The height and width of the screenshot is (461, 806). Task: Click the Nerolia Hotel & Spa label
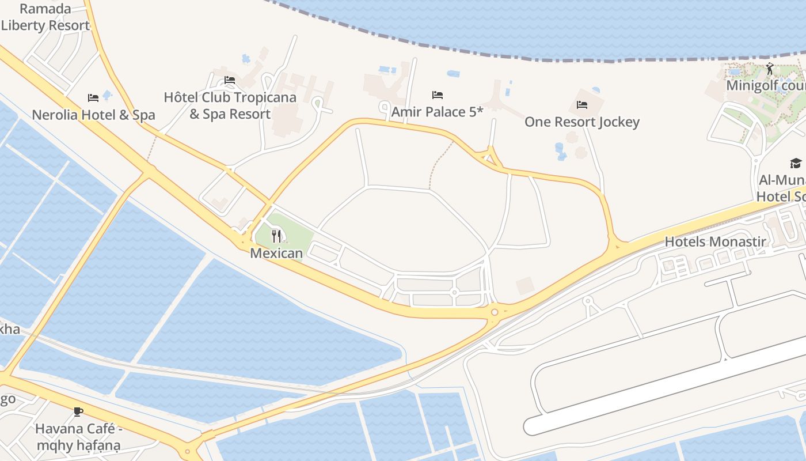tap(93, 115)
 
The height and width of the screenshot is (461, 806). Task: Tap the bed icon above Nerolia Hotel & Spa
tap(93, 98)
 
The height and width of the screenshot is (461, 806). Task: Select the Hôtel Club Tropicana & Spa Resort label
tap(230, 105)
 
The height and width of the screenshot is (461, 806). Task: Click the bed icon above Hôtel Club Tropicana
tap(230, 80)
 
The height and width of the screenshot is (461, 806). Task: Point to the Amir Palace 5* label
tap(437, 112)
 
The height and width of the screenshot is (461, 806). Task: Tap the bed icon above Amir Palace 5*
tap(438, 95)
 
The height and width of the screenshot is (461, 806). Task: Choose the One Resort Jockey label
tap(581, 122)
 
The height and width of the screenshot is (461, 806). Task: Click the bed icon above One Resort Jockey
tap(582, 105)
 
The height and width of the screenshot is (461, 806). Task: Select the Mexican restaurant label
tap(276, 253)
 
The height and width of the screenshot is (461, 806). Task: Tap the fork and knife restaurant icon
tap(276, 236)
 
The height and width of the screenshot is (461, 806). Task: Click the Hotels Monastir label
tap(715, 241)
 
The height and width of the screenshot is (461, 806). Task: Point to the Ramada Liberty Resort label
tap(45, 17)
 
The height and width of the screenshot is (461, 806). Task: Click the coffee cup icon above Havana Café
tap(78, 411)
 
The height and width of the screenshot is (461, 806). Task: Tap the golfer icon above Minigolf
tap(770, 69)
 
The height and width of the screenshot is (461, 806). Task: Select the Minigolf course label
tap(765, 85)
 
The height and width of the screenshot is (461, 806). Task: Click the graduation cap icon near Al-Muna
tap(796, 163)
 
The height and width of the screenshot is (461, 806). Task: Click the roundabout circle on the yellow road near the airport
tap(495, 312)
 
